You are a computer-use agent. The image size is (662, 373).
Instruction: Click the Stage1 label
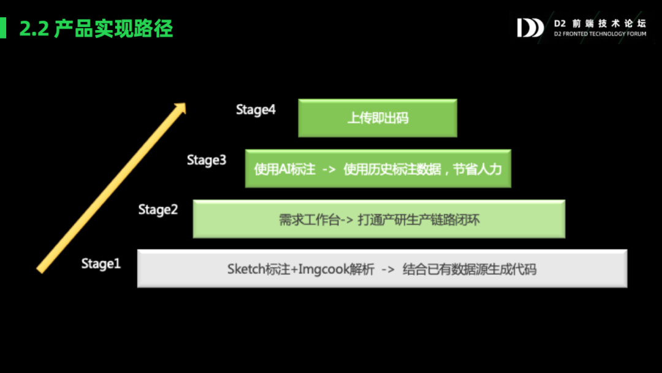pos(101,264)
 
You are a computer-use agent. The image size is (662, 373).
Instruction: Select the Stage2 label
pos(158,210)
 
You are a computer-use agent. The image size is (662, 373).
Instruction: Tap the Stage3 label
pos(207,161)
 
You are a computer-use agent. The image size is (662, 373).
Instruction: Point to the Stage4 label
pos(256,110)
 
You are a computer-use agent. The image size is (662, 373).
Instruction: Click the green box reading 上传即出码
pos(378,118)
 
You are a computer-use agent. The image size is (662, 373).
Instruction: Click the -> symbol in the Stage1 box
pos(388,269)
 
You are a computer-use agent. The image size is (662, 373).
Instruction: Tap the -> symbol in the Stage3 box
pos(329,169)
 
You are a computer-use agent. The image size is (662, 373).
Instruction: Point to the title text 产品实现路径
pos(113,28)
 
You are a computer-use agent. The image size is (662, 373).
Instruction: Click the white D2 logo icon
pos(530,28)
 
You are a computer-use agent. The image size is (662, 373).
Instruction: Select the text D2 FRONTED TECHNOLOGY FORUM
pos(599,34)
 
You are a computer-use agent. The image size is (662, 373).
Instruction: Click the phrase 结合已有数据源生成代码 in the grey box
pos(470,269)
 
